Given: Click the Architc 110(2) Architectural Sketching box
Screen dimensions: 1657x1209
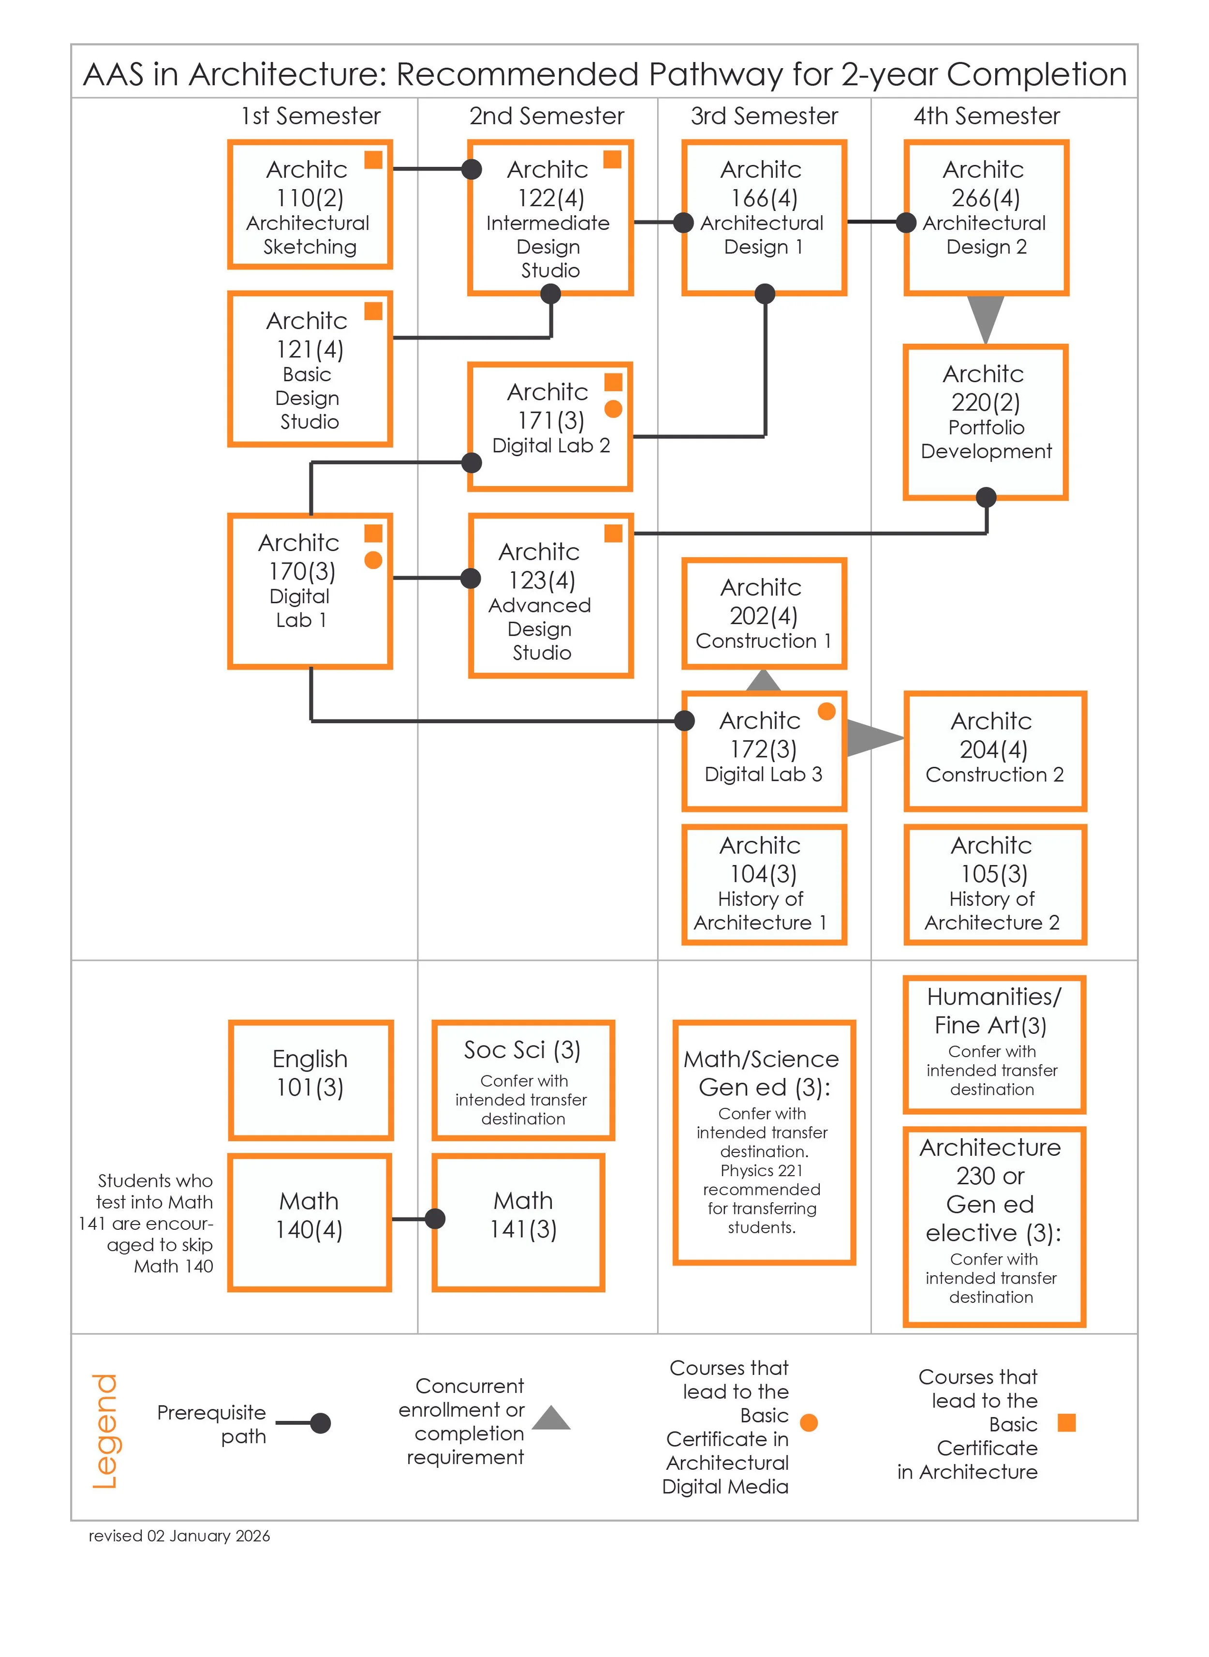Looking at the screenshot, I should point(310,205).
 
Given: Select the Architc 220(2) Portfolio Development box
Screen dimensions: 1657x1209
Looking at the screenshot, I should point(986,422).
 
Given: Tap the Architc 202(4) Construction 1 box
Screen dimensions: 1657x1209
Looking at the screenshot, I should point(763,613).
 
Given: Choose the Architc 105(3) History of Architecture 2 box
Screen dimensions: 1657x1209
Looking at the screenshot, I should point(995,884).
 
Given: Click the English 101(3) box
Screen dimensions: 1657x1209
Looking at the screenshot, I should point(310,1080).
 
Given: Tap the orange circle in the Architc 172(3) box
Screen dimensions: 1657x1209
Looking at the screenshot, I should point(826,711).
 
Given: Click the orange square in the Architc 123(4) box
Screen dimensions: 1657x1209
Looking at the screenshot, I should point(613,533).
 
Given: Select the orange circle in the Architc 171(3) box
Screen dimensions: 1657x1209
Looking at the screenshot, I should point(613,409).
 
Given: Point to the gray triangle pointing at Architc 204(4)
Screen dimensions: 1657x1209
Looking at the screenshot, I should point(873,737).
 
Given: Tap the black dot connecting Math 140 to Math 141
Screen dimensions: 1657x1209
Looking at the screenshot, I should point(435,1219).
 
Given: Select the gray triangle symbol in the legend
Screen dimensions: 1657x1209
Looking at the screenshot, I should point(551,1418).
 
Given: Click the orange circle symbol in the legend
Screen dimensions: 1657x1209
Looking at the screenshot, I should point(809,1423).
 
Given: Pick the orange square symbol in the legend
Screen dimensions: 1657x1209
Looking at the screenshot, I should point(1067,1423).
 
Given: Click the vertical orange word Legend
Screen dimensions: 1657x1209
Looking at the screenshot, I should point(104,1432).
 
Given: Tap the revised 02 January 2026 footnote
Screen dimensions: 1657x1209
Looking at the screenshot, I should point(179,1536).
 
